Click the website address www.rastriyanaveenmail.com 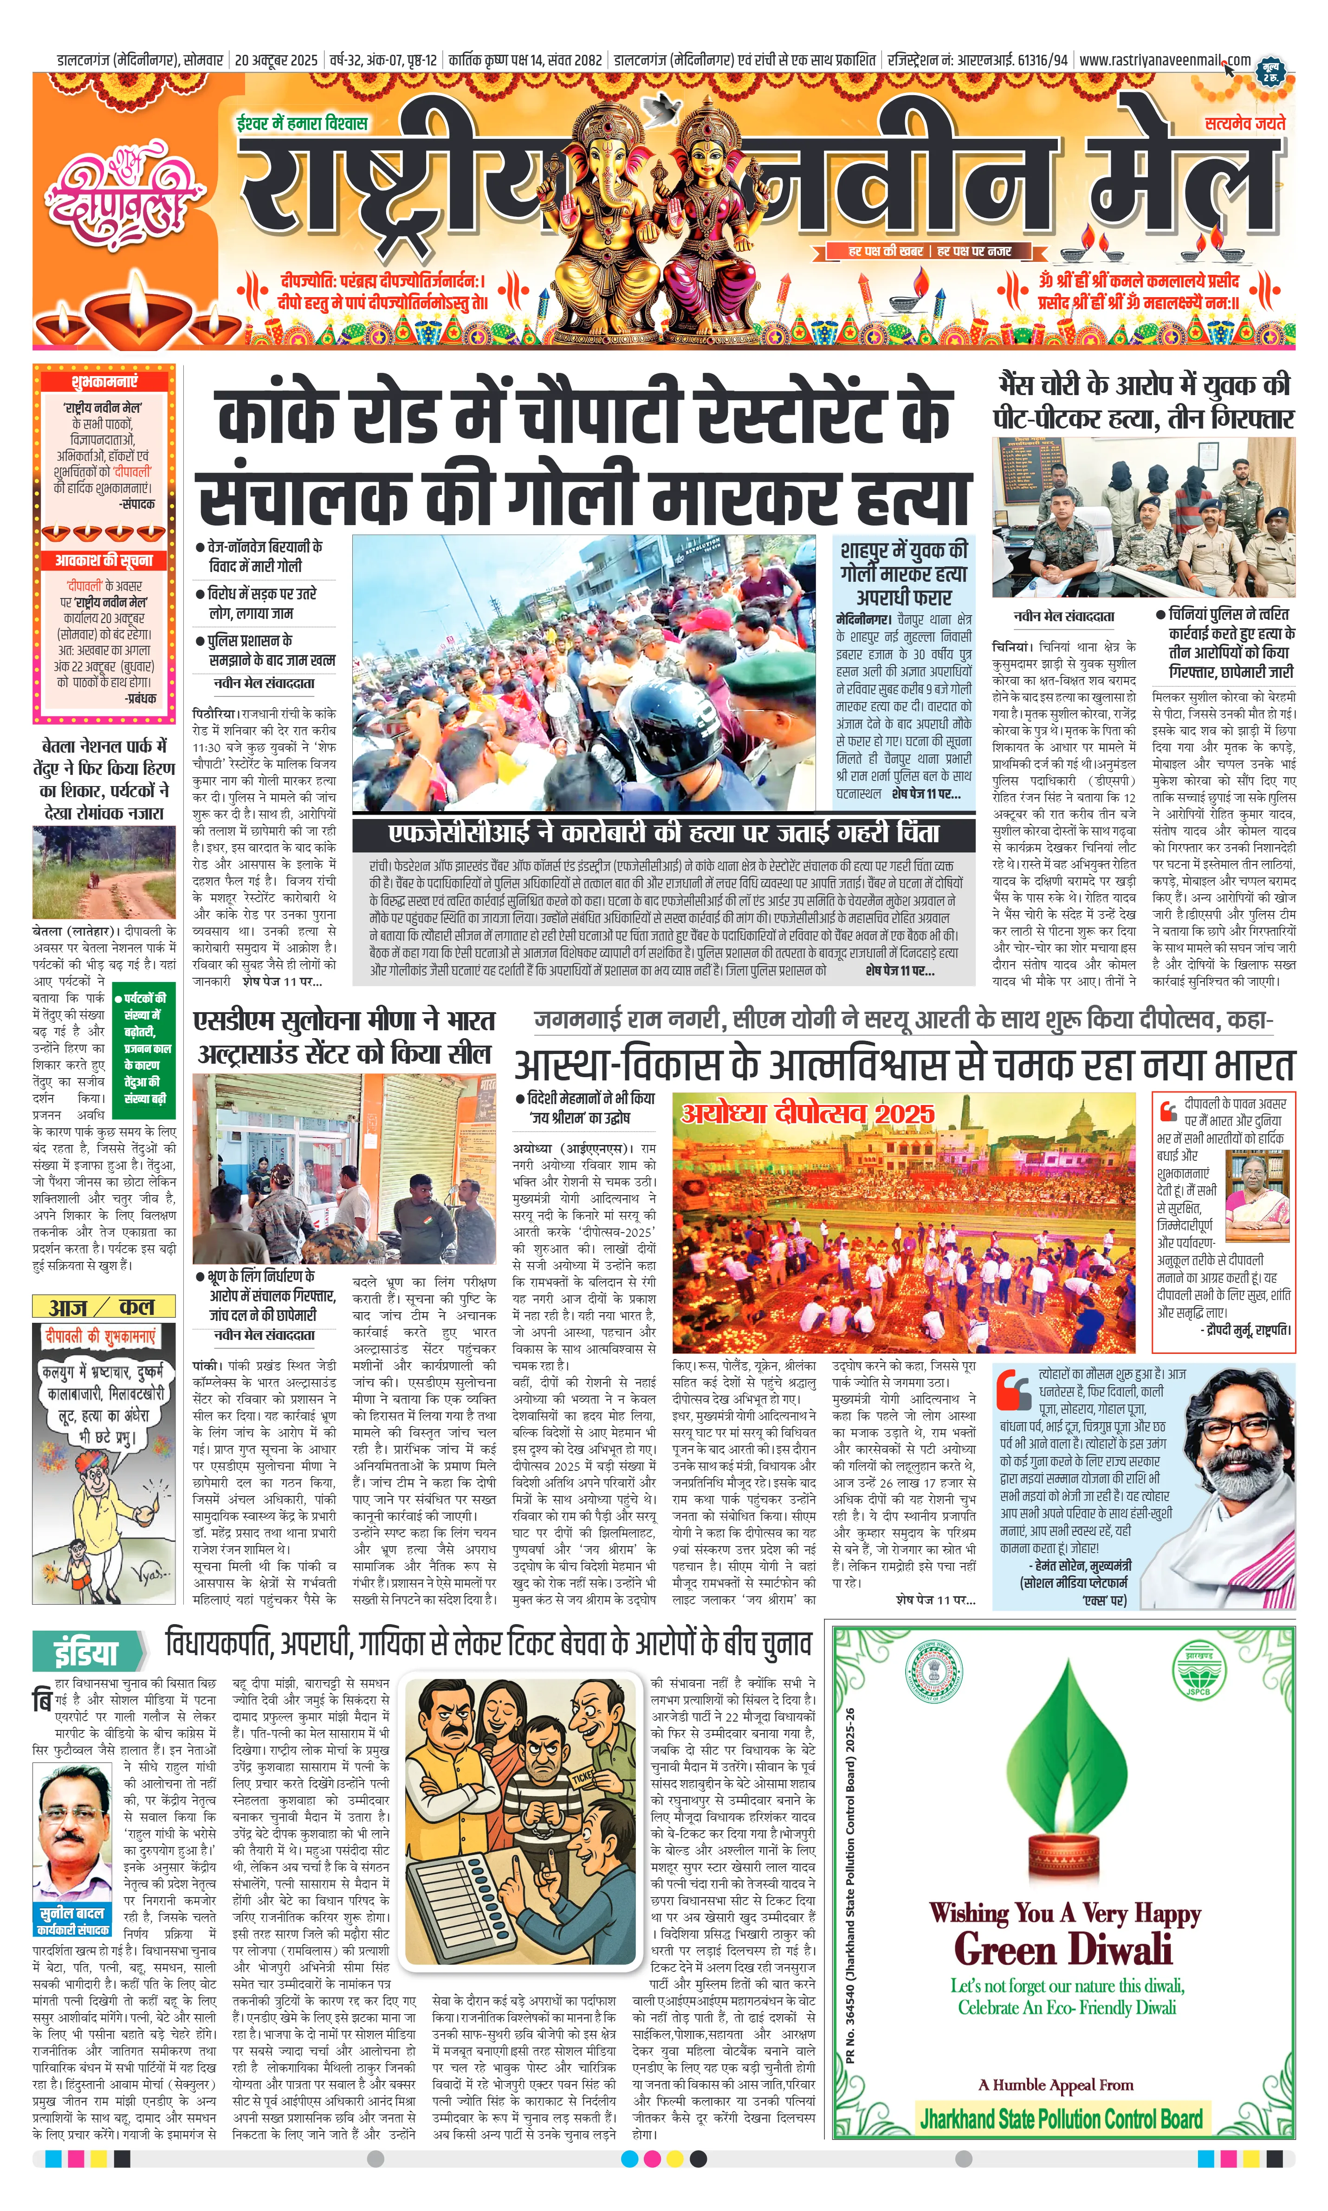pyautogui.click(x=1163, y=60)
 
